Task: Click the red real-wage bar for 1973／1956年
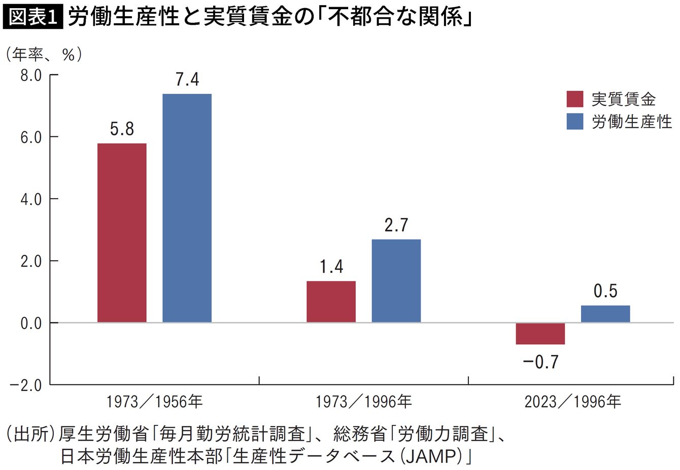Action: point(122,233)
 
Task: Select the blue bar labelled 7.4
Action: point(187,208)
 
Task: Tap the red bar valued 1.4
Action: point(331,302)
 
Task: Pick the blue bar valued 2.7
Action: point(396,281)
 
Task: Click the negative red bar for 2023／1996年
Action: point(540,334)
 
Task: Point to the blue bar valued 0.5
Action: point(605,314)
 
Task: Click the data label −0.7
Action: point(540,362)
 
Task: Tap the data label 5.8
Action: point(122,129)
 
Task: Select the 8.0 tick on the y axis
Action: point(31,76)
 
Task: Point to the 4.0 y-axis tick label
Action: point(31,199)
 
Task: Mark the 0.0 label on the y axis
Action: point(31,323)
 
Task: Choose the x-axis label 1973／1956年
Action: point(154,402)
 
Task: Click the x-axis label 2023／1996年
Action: point(572,402)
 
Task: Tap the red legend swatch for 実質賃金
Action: point(574,99)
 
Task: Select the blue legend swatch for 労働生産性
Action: point(574,122)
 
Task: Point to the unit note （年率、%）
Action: point(44,54)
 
